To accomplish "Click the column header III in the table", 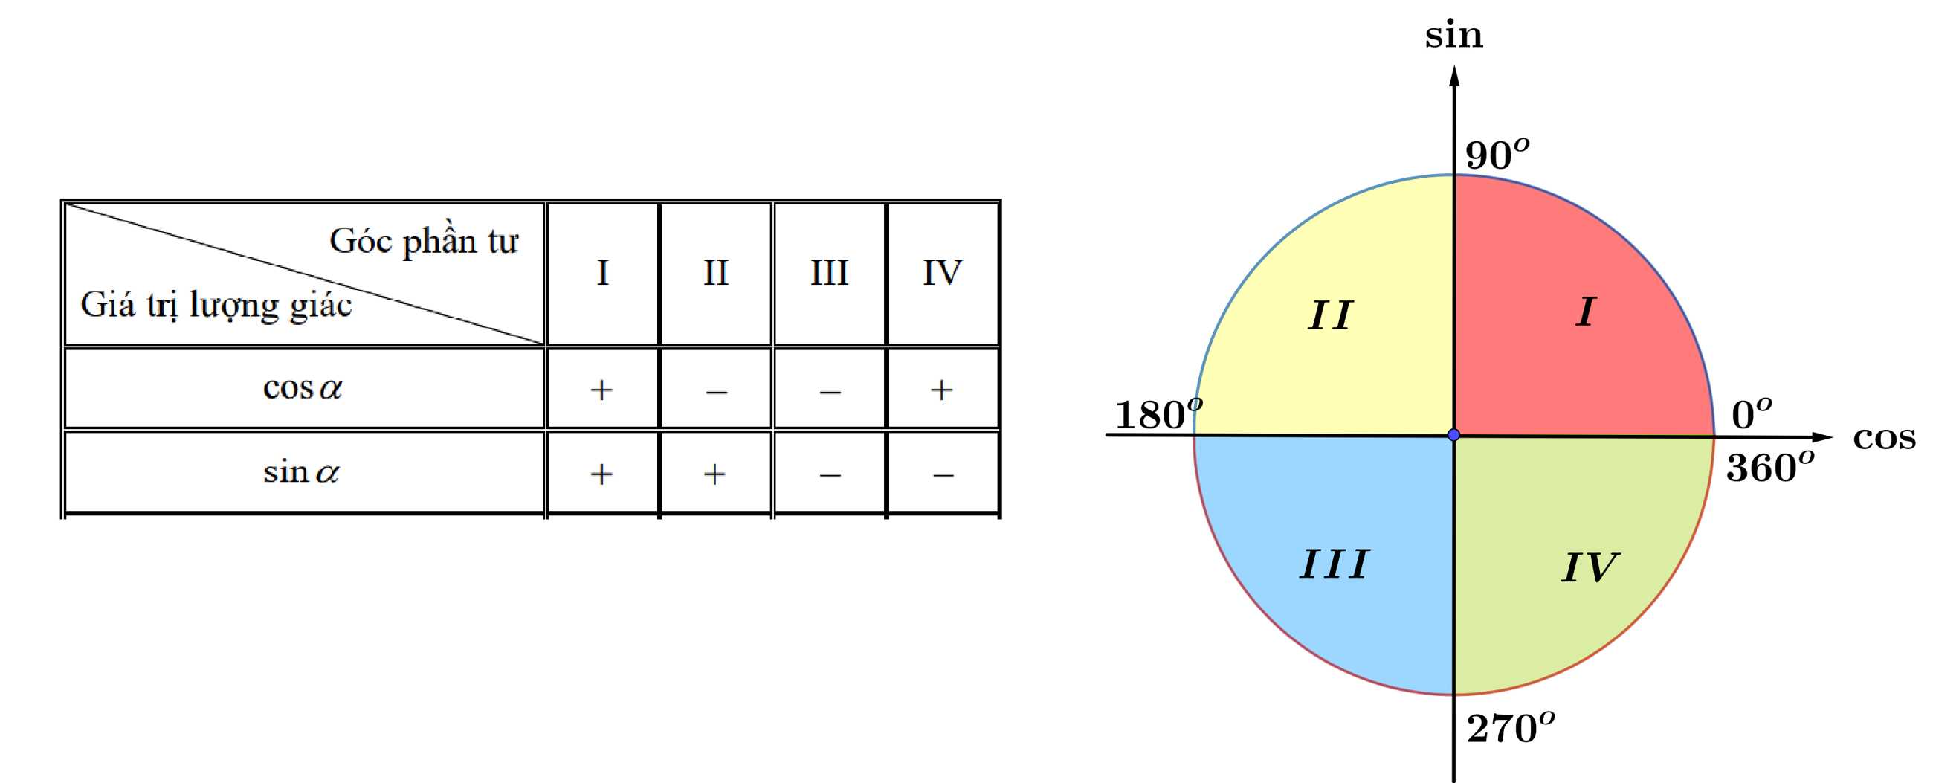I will click(x=829, y=272).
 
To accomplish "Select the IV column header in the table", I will click(x=943, y=272).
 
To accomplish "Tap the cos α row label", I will click(x=303, y=388).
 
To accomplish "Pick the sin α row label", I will click(x=302, y=472).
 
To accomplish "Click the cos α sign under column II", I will click(x=716, y=391).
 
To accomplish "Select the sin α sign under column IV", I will click(x=943, y=475).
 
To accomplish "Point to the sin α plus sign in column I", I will click(x=601, y=474).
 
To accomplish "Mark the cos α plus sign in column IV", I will click(x=942, y=390).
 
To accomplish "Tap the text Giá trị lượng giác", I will click(x=216, y=306).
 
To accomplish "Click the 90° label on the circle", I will click(x=1497, y=155).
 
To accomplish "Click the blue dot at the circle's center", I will click(x=1453, y=435).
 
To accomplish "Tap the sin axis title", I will click(x=1453, y=35).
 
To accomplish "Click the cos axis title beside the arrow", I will click(x=1883, y=438).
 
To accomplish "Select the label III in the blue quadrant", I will click(x=1335, y=564).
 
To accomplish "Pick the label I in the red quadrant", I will click(x=1586, y=312).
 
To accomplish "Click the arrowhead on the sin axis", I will click(x=1454, y=76).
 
